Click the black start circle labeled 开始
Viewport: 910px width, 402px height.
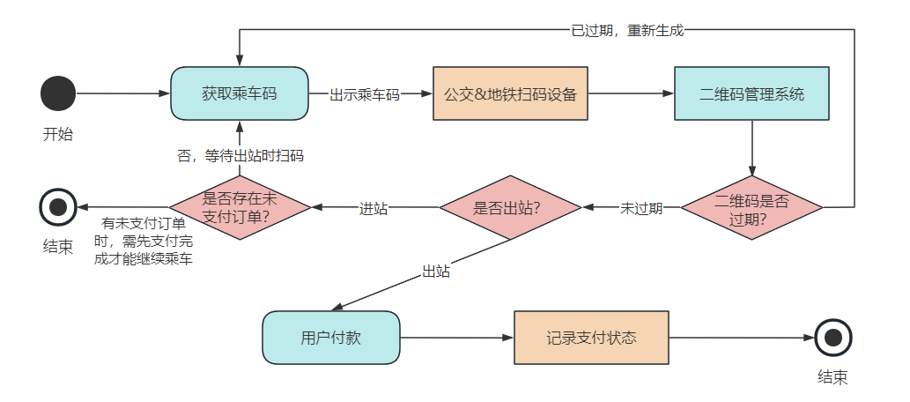click(58, 93)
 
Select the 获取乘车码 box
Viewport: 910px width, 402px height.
click(239, 93)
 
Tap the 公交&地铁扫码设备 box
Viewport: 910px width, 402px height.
click(510, 93)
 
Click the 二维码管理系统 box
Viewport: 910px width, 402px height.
click(751, 93)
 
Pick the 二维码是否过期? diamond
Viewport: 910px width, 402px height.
click(751, 208)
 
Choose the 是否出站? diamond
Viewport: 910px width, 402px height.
click(510, 208)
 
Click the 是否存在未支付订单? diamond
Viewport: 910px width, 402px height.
click(239, 208)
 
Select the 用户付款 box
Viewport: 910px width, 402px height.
click(330, 338)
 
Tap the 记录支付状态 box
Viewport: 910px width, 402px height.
click(591, 338)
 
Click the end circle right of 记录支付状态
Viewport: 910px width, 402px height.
click(832, 338)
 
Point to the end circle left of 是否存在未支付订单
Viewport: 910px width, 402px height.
click(58, 208)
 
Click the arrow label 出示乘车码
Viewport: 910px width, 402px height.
click(365, 94)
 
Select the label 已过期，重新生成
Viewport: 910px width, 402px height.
click(627, 30)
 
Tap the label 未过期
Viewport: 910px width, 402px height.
click(641, 209)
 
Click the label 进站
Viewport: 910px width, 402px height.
click(374, 209)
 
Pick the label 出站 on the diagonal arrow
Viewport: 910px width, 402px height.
click(436, 272)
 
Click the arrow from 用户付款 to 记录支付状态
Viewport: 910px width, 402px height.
click(456, 338)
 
